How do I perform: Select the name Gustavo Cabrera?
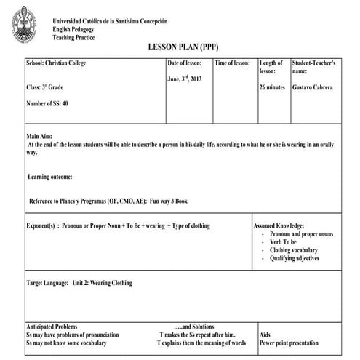click(312, 87)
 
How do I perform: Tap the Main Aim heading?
click(41, 136)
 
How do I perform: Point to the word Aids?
click(265, 335)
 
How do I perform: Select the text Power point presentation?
click(289, 343)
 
